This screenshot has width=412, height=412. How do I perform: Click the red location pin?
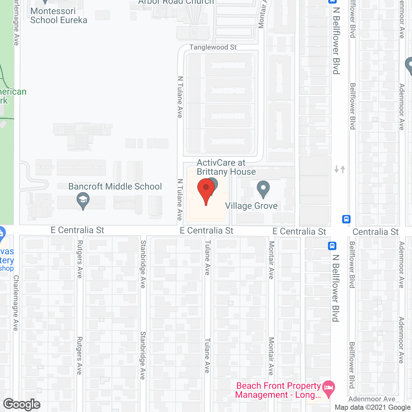[x=206, y=190]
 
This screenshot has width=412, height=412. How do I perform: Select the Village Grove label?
[x=251, y=206]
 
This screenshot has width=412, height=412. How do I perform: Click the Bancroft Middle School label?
[x=115, y=187]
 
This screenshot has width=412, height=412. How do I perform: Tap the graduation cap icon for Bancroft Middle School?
[x=83, y=200]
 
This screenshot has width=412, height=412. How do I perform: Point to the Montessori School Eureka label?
[x=59, y=16]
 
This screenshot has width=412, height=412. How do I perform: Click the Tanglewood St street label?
[x=213, y=47]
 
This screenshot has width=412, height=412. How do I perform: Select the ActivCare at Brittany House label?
[x=226, y=167]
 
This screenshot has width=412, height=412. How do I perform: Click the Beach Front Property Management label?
[x=278, y=390]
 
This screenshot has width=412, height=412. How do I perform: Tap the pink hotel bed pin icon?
[x=328, y=388]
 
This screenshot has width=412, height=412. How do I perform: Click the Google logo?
[x=22, y=404]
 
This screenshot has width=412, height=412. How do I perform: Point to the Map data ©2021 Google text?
[x=372, y=407]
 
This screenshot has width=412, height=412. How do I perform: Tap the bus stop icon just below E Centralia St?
[x=332, y=246]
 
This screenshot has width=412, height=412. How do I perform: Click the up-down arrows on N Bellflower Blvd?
[x=340, y=169]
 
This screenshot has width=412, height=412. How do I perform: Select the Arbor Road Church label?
[x=176, y=2]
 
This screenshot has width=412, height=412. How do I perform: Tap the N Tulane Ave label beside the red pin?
[x=180, y=200]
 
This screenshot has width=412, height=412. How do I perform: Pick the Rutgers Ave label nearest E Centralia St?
[x=80, y=259]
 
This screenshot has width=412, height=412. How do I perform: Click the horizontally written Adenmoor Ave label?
[x=372, y=399]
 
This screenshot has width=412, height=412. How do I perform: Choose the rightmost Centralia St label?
[x=375, y=232]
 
